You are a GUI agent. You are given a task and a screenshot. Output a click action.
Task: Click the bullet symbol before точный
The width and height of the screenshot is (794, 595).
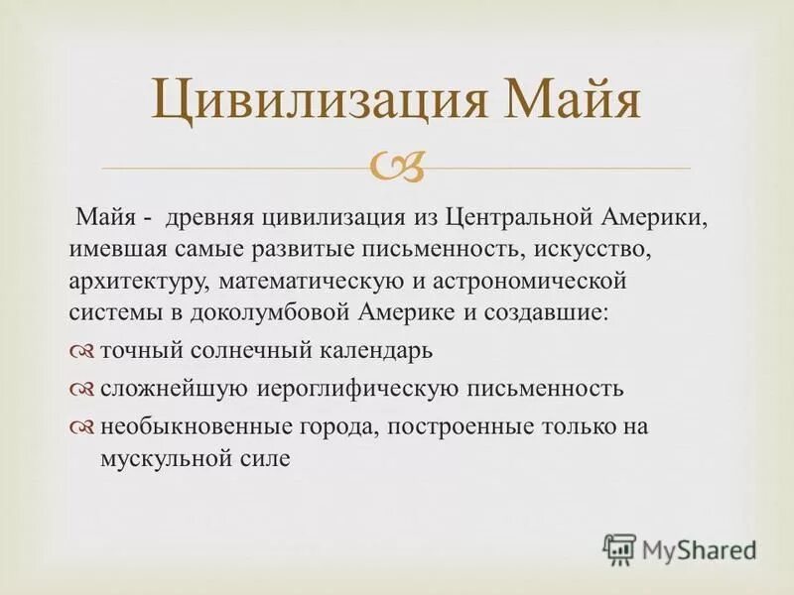(83, 352)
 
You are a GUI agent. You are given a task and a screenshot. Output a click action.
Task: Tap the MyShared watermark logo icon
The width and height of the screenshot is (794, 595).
(619, 547)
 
